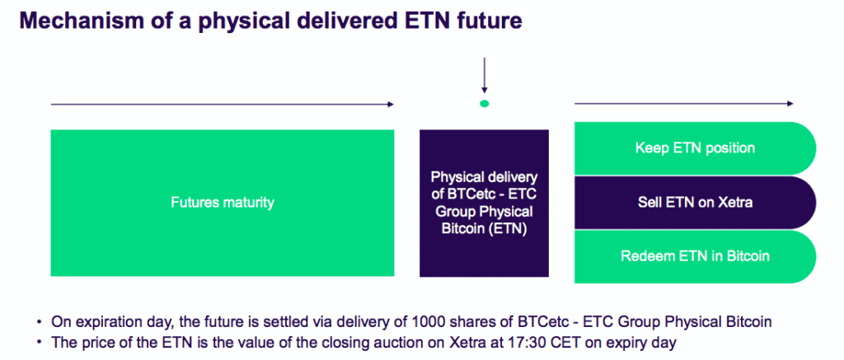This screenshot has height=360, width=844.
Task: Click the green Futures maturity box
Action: pos(222,202)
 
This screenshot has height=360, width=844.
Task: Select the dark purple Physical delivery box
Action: pos(484,203)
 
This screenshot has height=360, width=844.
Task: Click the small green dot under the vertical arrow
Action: pos(485,103)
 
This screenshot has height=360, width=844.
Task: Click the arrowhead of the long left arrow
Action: pos(391,104)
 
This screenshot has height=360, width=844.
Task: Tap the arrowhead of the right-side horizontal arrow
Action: pos(790,104)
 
